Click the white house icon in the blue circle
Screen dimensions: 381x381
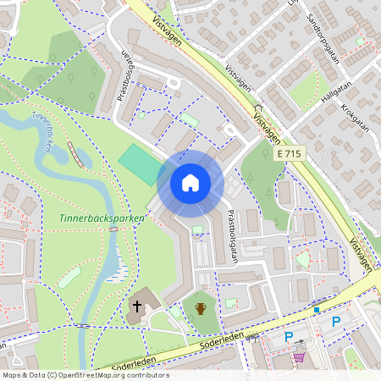(x=190, y=183)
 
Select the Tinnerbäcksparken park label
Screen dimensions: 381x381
(x=102, y=218)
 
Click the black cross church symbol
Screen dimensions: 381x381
(x=135, y=306)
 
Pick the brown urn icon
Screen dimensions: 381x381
(x=201, y=308)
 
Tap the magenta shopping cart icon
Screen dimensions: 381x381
(x=298, y=357)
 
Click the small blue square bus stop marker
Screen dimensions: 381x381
(x=317, y=310)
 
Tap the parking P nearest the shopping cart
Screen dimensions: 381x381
(x=289, y=337)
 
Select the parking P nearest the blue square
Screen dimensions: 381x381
(x=336, y=322)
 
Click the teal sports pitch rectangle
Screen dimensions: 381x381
(x=139, y=163)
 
